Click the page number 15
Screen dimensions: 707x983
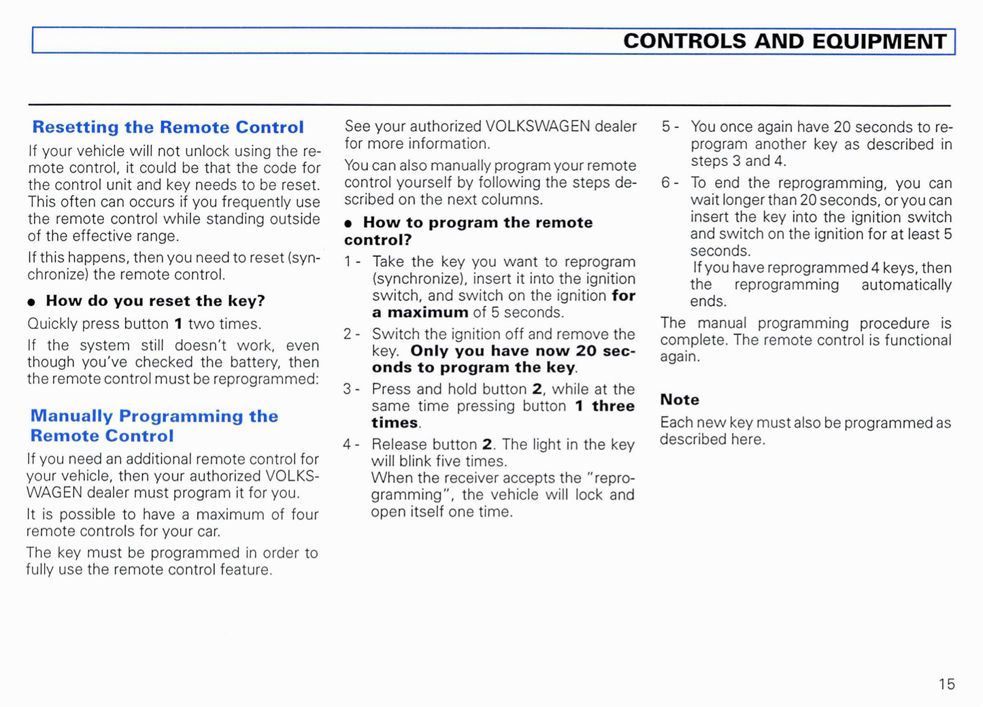pyautogui.click(x=946, y=684)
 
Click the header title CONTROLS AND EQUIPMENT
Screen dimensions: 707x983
pyautogui.click(x=784, y=41)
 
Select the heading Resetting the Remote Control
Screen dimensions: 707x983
pyautogui.click(x=168, y=127)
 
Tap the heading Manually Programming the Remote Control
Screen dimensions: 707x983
pyautogui.click(x=154, y=426)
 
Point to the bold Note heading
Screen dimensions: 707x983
pyautogui.click(x=680, y=400)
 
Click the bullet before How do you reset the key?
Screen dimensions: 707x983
pyautogui.click(x=31, y=302)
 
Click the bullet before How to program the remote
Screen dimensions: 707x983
pyautogui.click(x=348, y=224)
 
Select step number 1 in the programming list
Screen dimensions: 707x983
pyautogui.click(x=348, y=262)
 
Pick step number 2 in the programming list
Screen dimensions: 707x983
pyautogui.click(x=348, y=334)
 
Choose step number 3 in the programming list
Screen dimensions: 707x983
pyautogui.click(x=348, y=389)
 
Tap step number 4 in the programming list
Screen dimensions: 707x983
pyautogui.click(x=348, y=445)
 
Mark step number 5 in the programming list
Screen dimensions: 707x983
pyautogui.click(x=667, y=127)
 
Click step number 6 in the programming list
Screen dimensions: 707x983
pyautogui.click(x=667, y=183)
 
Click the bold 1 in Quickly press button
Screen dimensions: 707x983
pyautogui.click(x=178, y=324)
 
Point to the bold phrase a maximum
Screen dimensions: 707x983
pyautogui.click(x=420, y=313)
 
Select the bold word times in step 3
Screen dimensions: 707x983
pyautogui.click(x=395, y=423)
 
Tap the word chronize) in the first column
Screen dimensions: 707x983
pyautogui.click(x=58, y=275)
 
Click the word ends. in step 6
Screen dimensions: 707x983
pyautogui.click(x=708, y=301)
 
